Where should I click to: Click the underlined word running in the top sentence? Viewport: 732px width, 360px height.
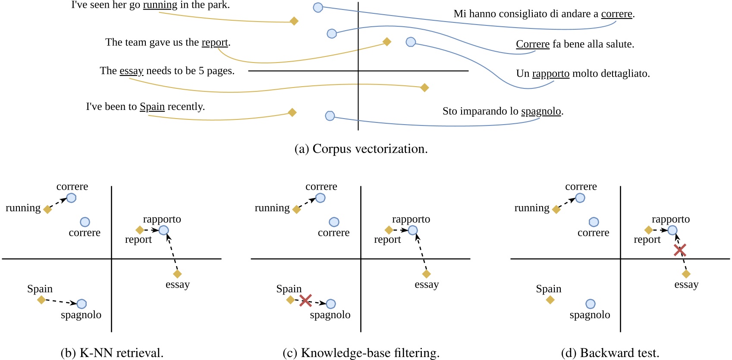[160, 5]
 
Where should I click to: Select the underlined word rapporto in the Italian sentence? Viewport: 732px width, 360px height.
[550, 73]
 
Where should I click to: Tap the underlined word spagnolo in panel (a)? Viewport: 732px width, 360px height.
[541, 111]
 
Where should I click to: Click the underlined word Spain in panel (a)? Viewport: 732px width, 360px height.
[152, 106]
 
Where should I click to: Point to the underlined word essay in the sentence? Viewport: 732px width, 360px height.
[131, 71]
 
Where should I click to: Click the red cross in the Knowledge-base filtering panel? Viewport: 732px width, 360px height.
[305, 301]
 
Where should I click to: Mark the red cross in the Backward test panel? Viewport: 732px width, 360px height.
[680, 250]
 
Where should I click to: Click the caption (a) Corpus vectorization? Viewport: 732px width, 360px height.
[361, 149]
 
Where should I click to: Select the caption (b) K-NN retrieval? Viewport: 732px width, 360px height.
[112, 353]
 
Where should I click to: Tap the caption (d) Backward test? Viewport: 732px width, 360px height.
[610, 353]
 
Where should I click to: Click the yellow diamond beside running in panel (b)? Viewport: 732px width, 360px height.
[47, 210]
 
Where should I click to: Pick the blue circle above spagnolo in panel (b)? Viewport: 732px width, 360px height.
[82, 304]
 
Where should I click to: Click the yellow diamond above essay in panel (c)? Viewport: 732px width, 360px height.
[426, 274]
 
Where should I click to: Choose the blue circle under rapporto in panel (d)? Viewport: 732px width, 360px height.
[672, 230]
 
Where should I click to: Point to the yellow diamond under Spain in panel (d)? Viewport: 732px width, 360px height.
[550, 300]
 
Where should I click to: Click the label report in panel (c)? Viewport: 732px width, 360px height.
[387, 240]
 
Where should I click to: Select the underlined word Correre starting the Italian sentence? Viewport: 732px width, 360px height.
[532, 44]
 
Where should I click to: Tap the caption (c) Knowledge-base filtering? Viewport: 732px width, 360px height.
[361, 353]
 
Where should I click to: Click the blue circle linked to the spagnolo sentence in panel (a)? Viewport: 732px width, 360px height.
[330, 116]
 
